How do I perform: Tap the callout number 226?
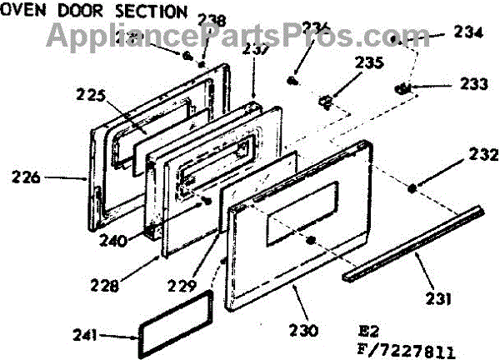coord(25,177)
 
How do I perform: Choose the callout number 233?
coord(474,83)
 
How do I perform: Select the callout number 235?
coord(370,62)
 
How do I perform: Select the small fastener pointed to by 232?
coord(413,188)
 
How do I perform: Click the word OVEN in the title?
coord(19,12)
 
